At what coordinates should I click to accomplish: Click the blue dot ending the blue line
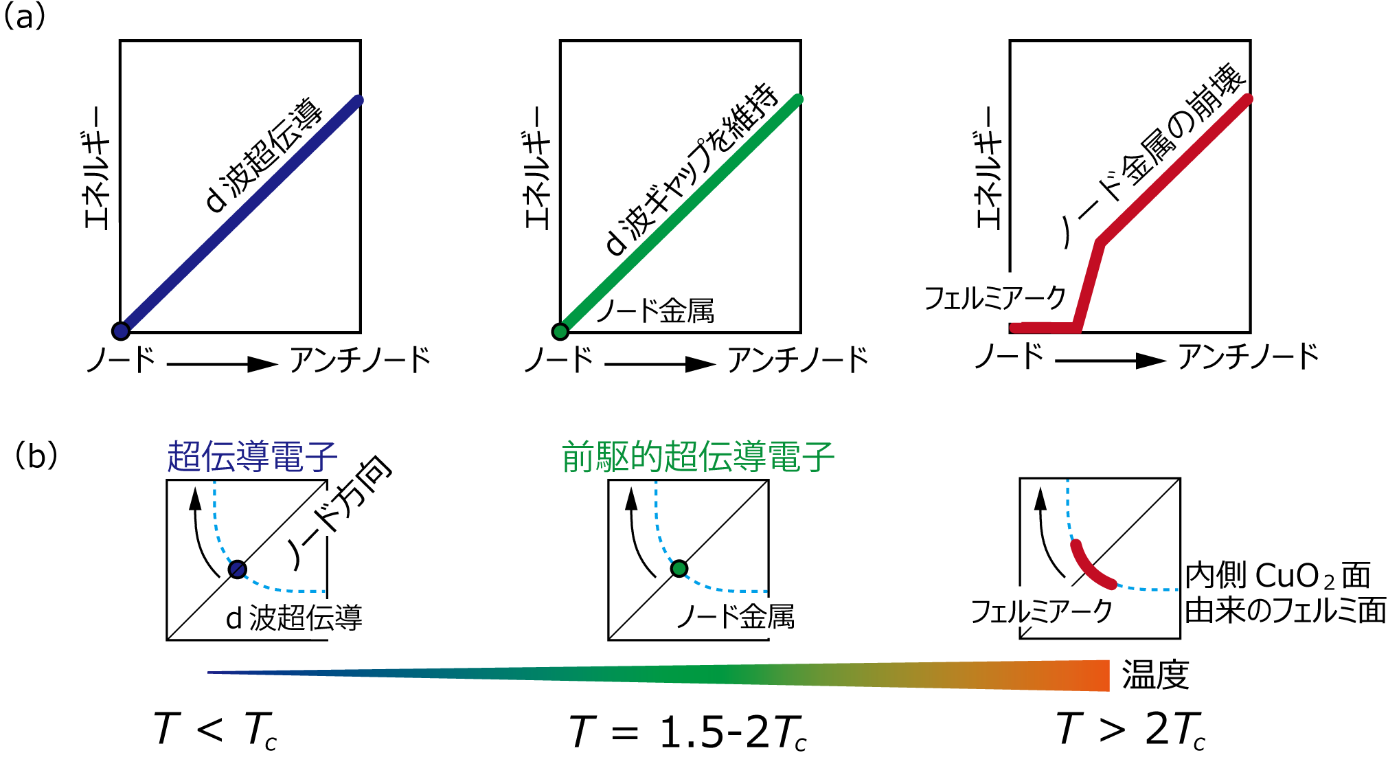tap(121, 331)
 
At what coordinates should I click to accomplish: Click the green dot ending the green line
tap(560, 332)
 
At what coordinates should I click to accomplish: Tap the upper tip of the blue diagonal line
tap(358, 100)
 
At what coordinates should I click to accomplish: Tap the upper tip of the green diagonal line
tap(798, 99)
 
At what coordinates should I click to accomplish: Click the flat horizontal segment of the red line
tap(1044, 328)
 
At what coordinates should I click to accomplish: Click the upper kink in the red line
tap(1100, 241)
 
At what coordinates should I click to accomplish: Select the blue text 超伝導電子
tap(252, 457)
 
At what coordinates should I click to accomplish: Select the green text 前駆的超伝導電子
tap(698, 457)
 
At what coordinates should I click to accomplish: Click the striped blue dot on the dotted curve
tap(238, 570)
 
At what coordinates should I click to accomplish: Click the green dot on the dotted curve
tap(679, 569)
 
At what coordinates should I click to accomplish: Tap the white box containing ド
tap(326, 513)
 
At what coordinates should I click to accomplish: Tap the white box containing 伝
tap(324, 619)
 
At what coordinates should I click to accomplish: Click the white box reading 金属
tap(768, 618)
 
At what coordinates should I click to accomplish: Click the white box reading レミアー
tap(1048, 607)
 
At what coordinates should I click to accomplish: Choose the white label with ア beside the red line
tap(1010, 297)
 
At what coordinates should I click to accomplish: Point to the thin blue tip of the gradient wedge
tap(213, 673)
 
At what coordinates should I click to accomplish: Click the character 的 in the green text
tap(646, 457)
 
